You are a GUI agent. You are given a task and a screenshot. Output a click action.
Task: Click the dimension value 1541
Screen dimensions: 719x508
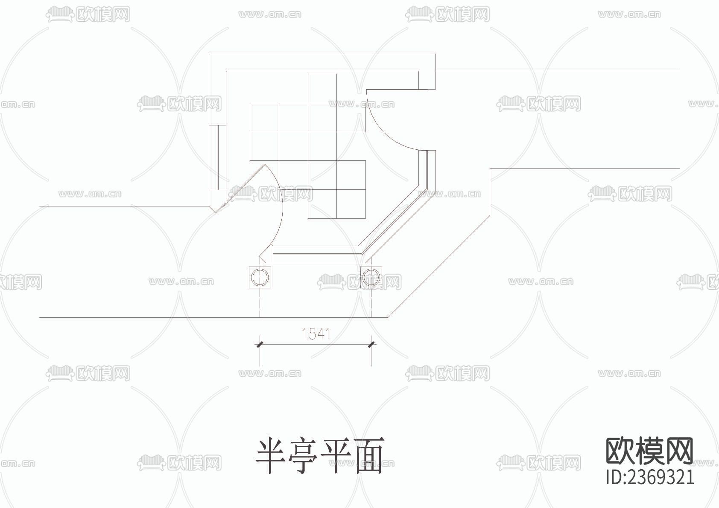coord(316,334)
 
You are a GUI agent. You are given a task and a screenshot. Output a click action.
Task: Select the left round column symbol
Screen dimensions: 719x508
coord(260,277)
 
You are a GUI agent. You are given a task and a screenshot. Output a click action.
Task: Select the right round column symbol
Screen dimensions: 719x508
coord(371,277)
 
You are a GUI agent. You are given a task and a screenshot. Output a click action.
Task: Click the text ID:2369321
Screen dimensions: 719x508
coord(650,477)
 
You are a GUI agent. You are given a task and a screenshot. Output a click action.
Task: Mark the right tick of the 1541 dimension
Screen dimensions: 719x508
coord(371,344)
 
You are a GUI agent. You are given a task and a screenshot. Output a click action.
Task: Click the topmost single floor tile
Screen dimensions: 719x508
coord(322,88)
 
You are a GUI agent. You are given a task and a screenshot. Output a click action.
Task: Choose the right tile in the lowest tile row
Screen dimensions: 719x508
coord(351,204)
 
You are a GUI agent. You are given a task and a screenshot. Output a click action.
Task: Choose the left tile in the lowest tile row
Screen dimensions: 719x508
coord(322,204)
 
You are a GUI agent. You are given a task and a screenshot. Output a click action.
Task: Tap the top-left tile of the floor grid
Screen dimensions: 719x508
coord(264,117)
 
